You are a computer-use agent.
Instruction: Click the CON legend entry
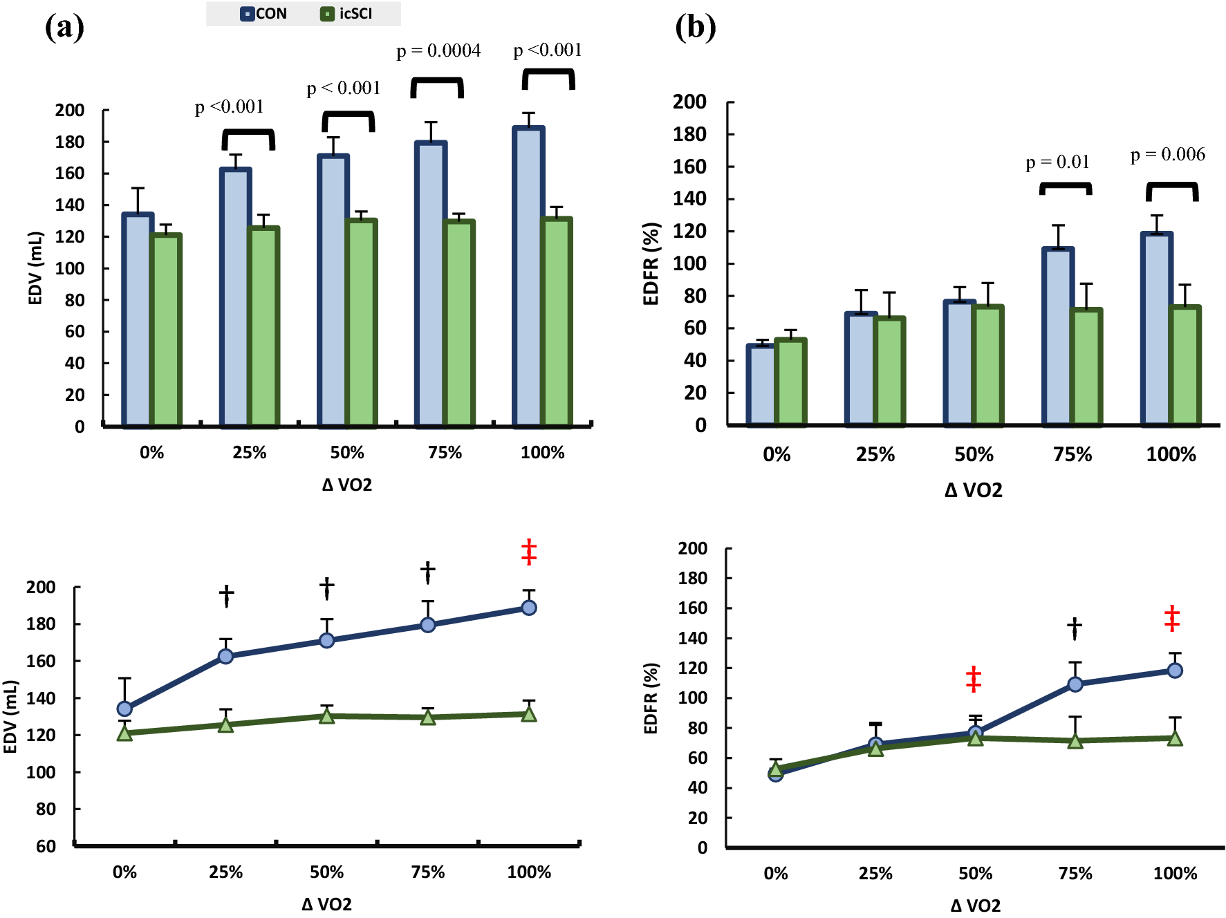(264, 14)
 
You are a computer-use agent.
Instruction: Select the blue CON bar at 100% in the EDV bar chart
(528, 277)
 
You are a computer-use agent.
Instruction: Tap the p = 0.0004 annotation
(438, 50)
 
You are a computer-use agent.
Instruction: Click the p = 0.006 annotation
(1167, 154)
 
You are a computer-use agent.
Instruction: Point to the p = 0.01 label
(1057, 162)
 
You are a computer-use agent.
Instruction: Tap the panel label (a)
(64, 28)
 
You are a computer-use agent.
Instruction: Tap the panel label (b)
(695, 28)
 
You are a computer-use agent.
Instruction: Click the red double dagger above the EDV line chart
(529, 552)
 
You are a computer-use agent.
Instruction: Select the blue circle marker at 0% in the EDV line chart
(124, 709)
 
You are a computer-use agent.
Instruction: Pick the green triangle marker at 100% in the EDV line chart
(529, 714)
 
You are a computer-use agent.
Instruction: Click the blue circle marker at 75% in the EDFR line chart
(1075, 684)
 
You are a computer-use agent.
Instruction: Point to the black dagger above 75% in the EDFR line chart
(1074, 628)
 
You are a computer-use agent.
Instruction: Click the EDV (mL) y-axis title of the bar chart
(35, 268)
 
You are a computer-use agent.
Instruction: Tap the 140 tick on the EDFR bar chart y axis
(689, 199)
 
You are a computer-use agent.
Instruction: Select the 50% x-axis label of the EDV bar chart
(346, 453)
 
